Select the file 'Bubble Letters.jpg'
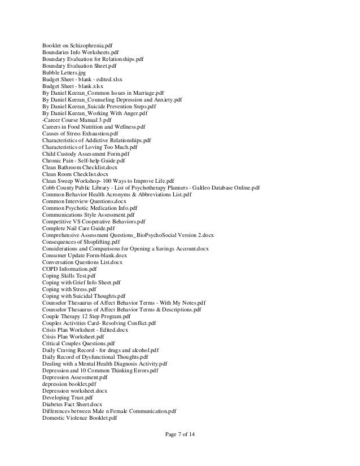click(63, 73)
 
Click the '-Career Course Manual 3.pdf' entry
click(76, 120)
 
